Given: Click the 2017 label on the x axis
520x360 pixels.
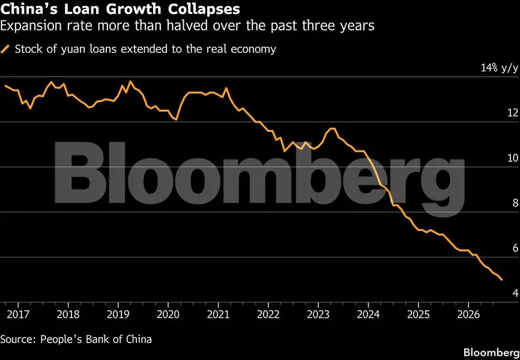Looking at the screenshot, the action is point(18,314).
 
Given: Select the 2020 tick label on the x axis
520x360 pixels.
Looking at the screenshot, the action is point(168,314).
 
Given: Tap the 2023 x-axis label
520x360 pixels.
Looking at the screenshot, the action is point(318,314).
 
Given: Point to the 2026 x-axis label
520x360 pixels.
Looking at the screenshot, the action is point(468,314).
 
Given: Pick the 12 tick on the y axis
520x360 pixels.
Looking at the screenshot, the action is point(513,113).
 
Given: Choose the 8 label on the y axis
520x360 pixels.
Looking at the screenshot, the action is point(515,203).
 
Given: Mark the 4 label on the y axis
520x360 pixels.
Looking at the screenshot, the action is point(515,293).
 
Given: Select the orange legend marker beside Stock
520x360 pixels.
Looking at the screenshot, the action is point(5,49).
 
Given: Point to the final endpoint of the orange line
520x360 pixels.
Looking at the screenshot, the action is point(502,280).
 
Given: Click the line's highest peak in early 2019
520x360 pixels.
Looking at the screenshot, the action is point(130,81).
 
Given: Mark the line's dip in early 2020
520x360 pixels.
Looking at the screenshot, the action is point(177,119).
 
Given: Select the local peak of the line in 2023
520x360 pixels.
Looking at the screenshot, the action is point(333,128).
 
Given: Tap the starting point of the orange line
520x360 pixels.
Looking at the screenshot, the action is point(5,86).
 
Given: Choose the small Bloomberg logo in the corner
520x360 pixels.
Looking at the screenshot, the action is point(491,352).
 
